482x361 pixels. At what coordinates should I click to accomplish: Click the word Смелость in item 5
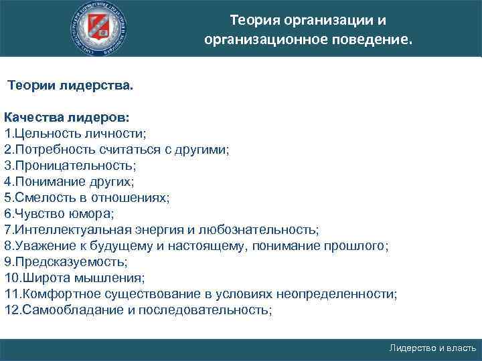pos(41,198)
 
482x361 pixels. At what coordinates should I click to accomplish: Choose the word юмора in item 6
pos(96,214)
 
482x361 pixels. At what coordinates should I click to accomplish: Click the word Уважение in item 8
pos(41,246)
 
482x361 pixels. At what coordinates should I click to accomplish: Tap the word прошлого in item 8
pos(357,246)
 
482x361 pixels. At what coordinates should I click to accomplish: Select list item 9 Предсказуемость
pos(66,262)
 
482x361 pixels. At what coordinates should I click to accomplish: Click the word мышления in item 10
pos(107,278)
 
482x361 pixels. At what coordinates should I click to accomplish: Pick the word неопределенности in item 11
pos(349,294)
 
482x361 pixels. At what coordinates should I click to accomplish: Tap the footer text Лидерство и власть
pos(432,348)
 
